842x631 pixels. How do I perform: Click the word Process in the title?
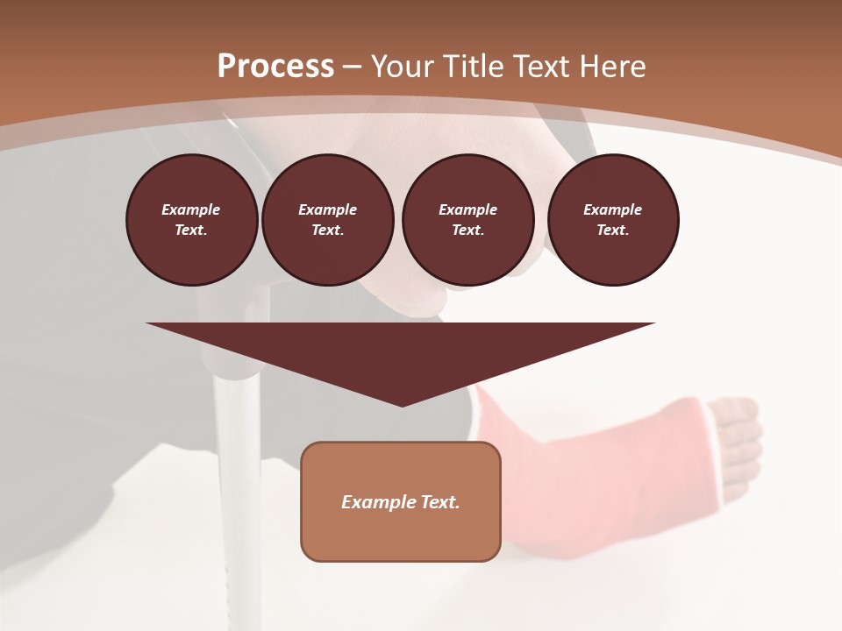275,67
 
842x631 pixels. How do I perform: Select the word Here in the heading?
614,67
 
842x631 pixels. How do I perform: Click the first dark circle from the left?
191,220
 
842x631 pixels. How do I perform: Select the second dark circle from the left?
327,220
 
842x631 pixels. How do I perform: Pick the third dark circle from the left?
467,220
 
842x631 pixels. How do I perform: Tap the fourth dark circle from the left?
612,220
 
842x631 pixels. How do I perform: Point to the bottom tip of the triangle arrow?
402,405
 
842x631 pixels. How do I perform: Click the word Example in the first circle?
191,209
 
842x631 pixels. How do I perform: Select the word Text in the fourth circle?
612,230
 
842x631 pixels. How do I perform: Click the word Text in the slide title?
544,67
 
